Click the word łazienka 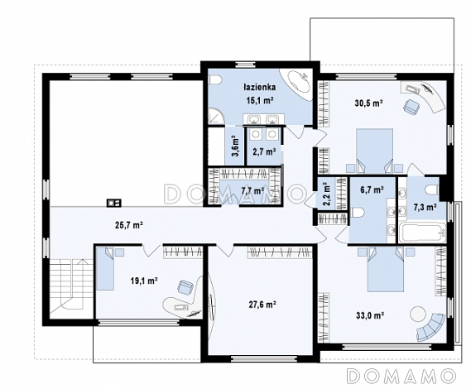(x=260, y=87)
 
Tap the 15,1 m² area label (x=260, y=100)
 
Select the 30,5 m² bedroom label (x=368, y=103)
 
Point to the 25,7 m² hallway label (x=129, y=225)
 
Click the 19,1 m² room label (x=144, y=281)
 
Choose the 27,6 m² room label (x=262, y=305)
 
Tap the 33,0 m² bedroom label (x=370, y=315)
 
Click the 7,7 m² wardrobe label (x=252, y=190)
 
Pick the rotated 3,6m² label (x=235, y=146)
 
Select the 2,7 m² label (x=264, y=152)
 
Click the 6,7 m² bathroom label (x=372, y=190)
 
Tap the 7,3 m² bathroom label (x=425, y=207)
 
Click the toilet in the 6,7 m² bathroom (x=358, y=213)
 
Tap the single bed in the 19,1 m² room (x=105, y=268)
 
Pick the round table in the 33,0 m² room (x=418, y=314)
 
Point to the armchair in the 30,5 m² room (x=411, y=107)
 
